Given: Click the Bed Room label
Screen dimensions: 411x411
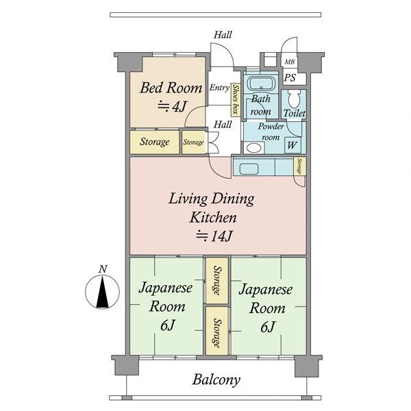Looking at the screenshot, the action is pos(171,88).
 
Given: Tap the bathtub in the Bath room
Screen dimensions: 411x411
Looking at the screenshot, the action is pos(261,84).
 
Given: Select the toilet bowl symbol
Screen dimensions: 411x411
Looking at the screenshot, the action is pos(294,99).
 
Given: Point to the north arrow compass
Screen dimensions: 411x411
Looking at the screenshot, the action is pos(103,291).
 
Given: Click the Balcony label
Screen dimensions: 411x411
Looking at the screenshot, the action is pos(216,379).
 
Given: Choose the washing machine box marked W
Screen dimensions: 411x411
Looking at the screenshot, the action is pos(292,145).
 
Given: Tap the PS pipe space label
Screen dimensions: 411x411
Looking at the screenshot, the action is pos(290,77).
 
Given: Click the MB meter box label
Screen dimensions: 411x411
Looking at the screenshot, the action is pos(290,62).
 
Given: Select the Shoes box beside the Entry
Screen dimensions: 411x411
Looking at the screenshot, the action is pos(236,99).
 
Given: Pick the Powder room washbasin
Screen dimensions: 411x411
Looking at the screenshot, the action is pos(254,148).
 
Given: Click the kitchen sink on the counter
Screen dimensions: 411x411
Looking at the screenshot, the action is pos(249,169).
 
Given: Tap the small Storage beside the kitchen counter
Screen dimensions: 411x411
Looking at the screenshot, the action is pos(300,166).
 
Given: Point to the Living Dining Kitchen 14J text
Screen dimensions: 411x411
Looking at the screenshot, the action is pos(211,217).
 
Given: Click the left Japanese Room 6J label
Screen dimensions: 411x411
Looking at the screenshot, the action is pos(166,306).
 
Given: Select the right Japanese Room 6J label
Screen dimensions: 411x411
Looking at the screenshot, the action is pos(266,308).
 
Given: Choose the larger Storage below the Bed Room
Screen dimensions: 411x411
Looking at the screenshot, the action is pos(155,142).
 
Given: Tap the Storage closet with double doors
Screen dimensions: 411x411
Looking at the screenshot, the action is pos(194,142).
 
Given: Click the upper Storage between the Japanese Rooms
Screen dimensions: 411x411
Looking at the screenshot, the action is pos(217,281).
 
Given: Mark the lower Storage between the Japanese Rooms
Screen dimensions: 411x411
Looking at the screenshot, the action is pos(217,331).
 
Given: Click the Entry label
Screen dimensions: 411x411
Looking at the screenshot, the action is pos(220,88).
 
